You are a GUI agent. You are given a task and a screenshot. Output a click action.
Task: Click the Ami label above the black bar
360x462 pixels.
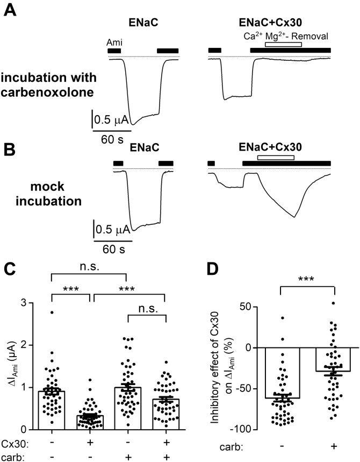coord(114,42)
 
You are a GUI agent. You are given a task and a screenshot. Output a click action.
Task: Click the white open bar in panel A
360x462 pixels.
coord(283,44)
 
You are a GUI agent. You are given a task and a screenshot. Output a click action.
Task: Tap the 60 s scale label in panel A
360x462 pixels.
coord(111,138)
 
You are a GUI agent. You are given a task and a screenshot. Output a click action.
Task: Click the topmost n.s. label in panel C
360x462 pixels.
coord(88,265)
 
